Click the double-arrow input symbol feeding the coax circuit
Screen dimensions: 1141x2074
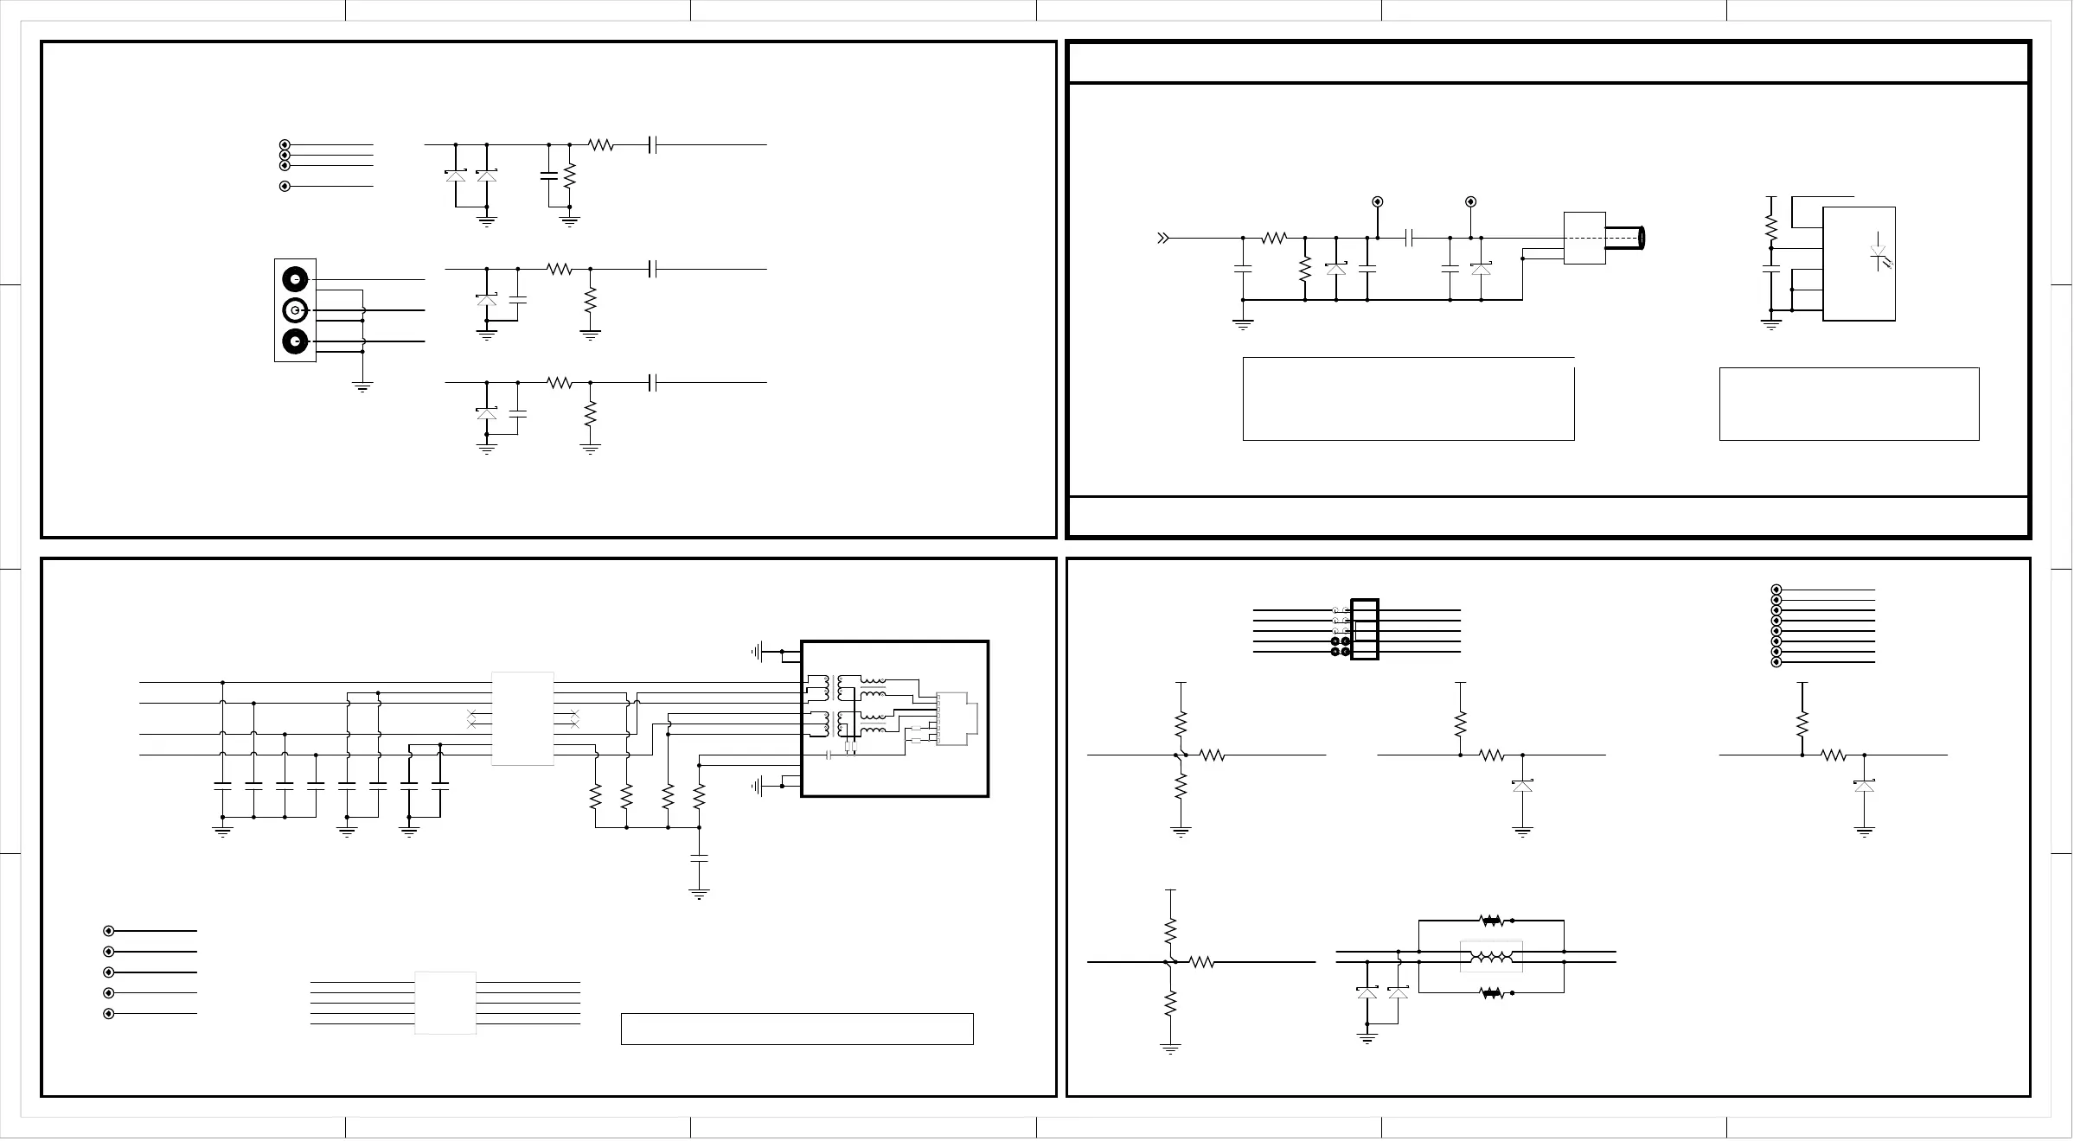[1163, 238]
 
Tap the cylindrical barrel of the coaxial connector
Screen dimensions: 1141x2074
[1625, 238]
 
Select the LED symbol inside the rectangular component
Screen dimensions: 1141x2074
[1879, 256]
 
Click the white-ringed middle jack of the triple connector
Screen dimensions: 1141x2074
[295, 309]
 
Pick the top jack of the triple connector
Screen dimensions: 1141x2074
[295, 280]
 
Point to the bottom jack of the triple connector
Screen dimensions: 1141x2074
[295, 341]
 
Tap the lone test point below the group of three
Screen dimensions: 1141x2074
[285, 187]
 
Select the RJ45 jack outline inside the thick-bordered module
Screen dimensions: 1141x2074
[957, 718]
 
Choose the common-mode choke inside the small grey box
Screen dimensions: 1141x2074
[1491, 957]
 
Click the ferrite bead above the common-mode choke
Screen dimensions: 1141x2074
[1491, 921]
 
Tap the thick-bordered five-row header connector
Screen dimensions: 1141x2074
[1364, 629]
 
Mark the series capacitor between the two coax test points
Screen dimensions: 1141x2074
[1410, 238]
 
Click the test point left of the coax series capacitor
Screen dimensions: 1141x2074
[1378, 202]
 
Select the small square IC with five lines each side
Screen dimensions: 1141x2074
[445, 1003]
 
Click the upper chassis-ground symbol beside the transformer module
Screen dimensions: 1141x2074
[759, 651]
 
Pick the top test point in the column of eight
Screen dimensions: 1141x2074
[1776, 590]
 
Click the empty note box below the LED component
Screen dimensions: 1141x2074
[1848, 404]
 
